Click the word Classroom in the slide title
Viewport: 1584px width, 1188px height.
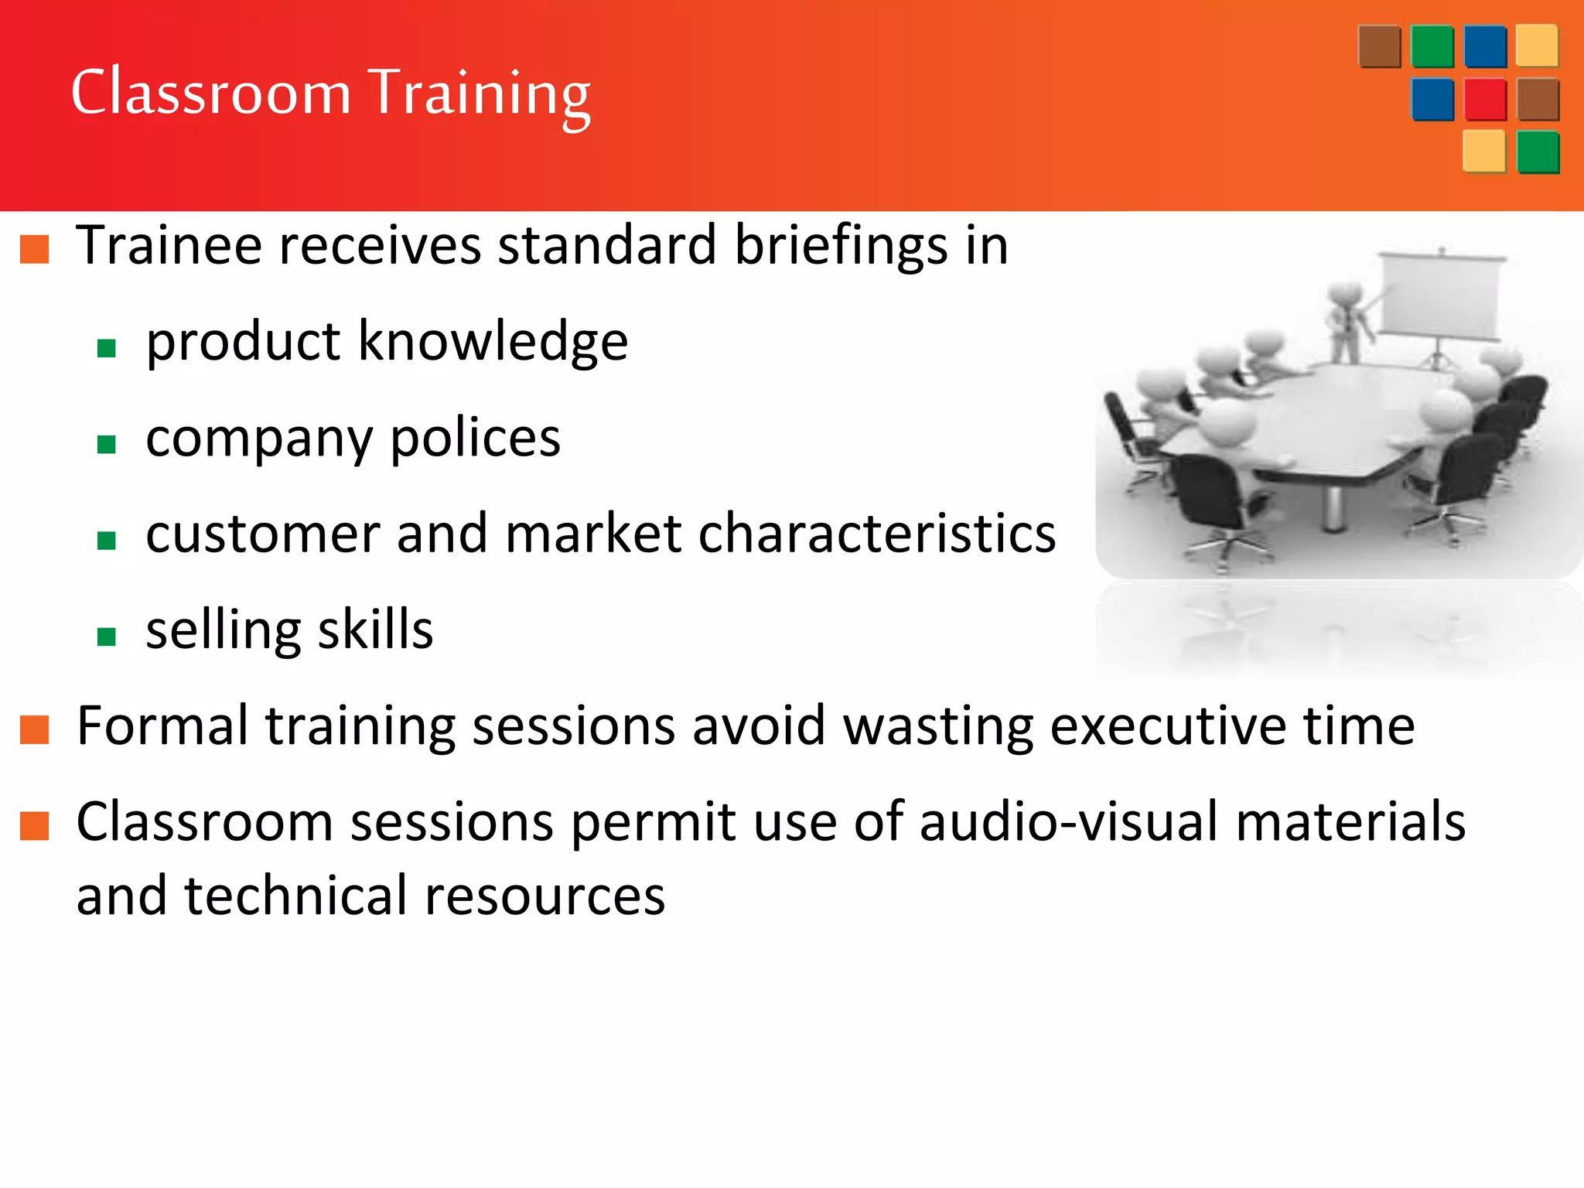pyautogui.click(x=210, y=93)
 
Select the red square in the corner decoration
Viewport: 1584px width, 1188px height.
pyautogui.click(x=1485, y=100)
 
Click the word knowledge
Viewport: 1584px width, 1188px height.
pyautogui.click(x=493, y=341)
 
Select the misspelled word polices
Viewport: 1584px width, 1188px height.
pyautogui.click(x=475, y=439)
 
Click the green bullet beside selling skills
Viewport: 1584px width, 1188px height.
pyautogui.click(x=107, y=636)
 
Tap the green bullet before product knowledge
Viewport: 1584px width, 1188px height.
pyautogui.click(x=107, y=348)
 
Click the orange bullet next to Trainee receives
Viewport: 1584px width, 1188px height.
pyautogui.click(x=35, y=249)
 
